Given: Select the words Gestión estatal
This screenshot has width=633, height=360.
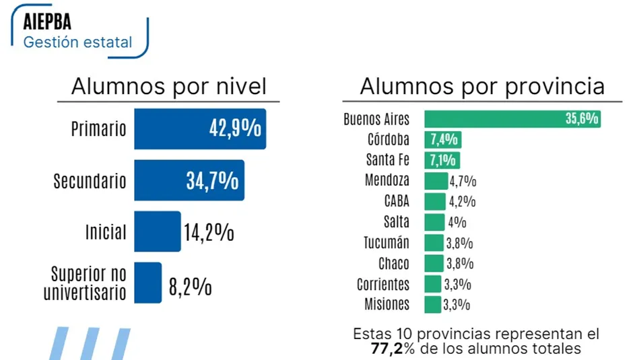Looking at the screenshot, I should (77, 42).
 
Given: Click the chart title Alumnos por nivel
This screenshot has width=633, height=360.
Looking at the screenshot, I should (169, 87).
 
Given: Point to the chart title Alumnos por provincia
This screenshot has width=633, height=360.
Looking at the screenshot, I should (481, 87).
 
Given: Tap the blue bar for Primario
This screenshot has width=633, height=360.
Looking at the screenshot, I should (199, 129).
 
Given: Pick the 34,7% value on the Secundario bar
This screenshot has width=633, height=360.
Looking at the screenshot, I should (211, 180).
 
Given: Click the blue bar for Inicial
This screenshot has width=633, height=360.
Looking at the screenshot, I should (158, 231).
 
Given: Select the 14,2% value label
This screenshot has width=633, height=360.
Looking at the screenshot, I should (209, 233).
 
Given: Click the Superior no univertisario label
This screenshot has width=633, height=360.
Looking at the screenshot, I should (86, 283).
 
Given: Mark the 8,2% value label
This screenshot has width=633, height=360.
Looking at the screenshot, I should (190, 287).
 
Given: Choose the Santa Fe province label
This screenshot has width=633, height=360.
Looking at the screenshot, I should (387, 160).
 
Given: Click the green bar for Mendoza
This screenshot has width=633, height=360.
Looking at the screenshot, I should (436, 181).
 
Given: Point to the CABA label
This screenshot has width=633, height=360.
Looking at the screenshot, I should (397, 201).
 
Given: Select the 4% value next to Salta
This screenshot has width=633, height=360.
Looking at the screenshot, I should (457, 222).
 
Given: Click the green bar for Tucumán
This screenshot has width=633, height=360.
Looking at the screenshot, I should (434, 243).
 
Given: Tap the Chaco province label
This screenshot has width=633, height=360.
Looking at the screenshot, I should (393, 263).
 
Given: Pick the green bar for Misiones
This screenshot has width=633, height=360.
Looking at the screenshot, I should (432, 304).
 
